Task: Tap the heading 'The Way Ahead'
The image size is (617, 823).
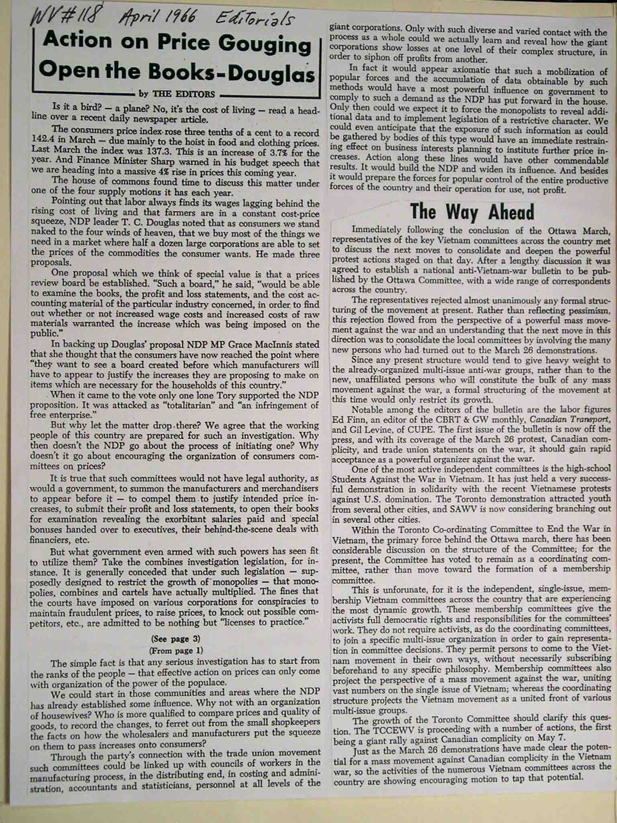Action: [472, 211]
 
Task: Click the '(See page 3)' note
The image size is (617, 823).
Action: [176, 639]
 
